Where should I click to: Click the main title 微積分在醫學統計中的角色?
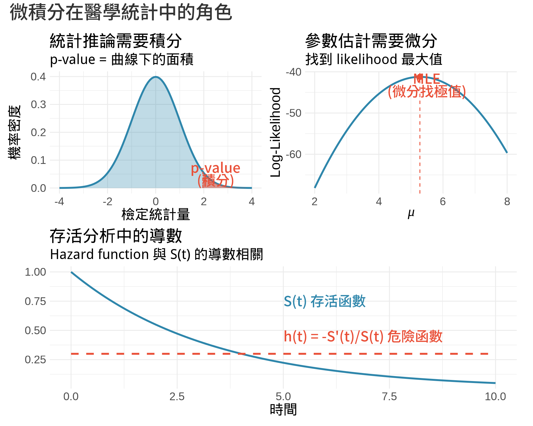coord(121,12)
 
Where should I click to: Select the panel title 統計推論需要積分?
coord(116,41)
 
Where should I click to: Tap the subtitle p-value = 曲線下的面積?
coord(122,59)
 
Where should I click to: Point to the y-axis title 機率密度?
coord(14,132)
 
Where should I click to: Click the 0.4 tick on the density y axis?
coord(38,77)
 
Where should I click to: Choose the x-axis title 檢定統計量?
coord(155,214)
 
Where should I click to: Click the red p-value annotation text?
coord(215,168)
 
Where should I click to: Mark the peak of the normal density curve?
coord(156,77)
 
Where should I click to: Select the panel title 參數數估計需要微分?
coord(371,41)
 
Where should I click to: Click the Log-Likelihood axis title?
coord(276,132)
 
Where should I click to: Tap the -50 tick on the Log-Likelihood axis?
coord(294,113)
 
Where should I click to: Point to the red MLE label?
coord(427,79)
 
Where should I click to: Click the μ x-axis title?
coord(411,214)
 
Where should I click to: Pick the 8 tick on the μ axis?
coord(507,202)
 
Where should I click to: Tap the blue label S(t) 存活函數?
coord(325,301)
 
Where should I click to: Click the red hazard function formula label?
coord(363,336)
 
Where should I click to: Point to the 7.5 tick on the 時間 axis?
coord(389,397)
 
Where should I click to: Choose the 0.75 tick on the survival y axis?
coord(35,301)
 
